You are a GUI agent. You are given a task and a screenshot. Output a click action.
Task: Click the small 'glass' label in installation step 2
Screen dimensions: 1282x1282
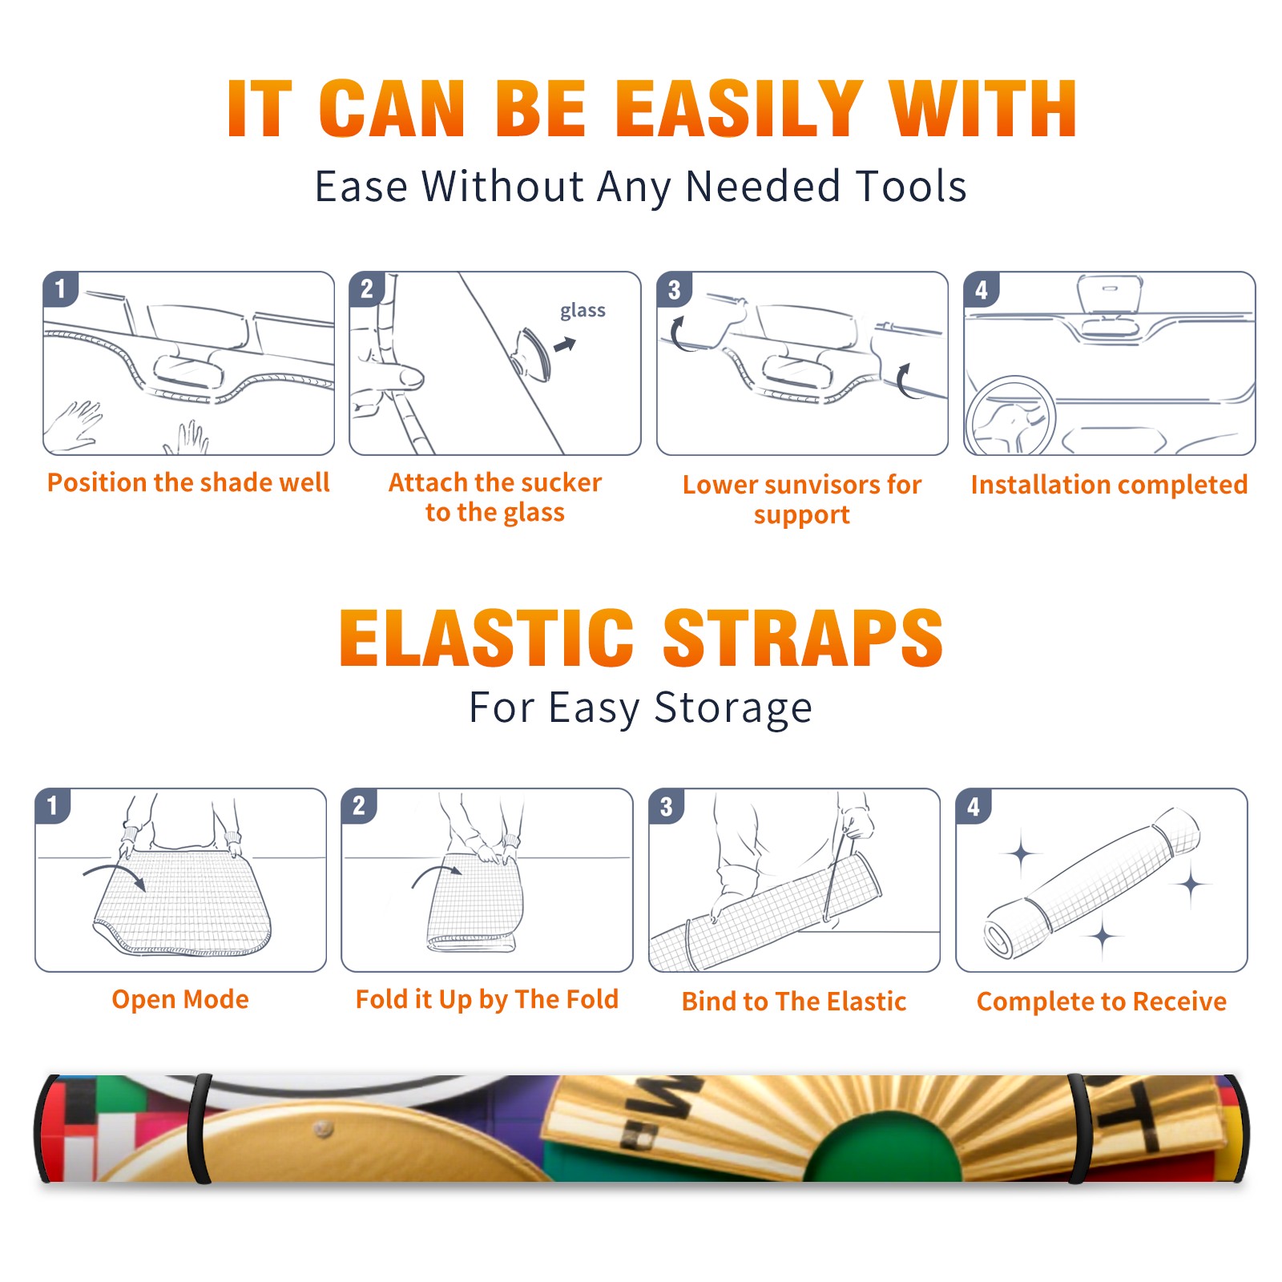click(x=583, y=311)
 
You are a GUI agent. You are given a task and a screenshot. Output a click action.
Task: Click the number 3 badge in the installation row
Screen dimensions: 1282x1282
click(x=674, y=289)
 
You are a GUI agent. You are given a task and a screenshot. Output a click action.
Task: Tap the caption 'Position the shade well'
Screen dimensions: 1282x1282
click(x=188, y=482)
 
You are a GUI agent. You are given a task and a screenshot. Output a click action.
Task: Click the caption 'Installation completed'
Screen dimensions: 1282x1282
click(x=1109, y=485)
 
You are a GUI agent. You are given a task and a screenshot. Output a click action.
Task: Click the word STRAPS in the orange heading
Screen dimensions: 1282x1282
click(x=803, y=638)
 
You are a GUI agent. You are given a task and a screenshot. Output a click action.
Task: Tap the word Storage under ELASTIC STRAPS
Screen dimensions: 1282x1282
click(x=733, y=708)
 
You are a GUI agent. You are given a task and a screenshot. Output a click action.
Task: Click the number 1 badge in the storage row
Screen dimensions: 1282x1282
click(x=53, y=805)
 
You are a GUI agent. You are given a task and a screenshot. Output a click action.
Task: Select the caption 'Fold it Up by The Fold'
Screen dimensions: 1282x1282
click(x=487, y=999)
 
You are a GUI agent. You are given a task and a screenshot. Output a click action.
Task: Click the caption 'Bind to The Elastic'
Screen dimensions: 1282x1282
click(x=794, y=1002)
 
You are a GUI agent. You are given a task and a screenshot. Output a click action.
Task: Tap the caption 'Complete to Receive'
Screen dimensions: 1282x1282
click(x=1102, y=1002)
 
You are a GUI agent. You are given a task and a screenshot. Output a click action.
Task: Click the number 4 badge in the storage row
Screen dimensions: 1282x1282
click(x=974, y=806)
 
